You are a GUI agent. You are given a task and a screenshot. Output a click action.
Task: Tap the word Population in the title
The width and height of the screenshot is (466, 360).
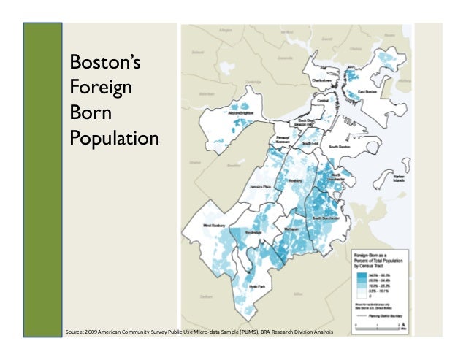coord(113,137)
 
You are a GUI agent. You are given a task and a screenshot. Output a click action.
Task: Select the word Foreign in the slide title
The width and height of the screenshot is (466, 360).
coord(101,88)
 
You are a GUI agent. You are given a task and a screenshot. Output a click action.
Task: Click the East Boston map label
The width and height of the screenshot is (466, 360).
coord(355,92)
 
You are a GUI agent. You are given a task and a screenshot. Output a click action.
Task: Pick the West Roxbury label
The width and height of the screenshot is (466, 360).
coord(217,226)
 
